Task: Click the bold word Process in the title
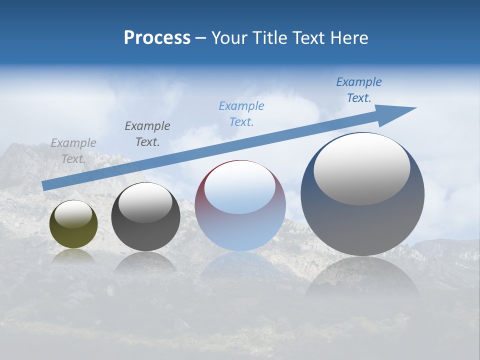[x=157, y=38]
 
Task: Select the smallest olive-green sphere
[x=73, y=224]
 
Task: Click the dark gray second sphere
[x=145, y=217]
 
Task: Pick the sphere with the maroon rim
[x=240, y=206]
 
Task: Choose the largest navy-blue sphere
[x=362, y=194]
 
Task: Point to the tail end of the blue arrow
[x=43, y=186]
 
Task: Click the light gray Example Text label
[x=73, y=150]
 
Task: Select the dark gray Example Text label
[x=147, y=133]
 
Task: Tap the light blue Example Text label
[x=241, y=113]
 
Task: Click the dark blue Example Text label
[x=359, y=90]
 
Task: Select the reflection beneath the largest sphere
[x=362, y=277]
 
